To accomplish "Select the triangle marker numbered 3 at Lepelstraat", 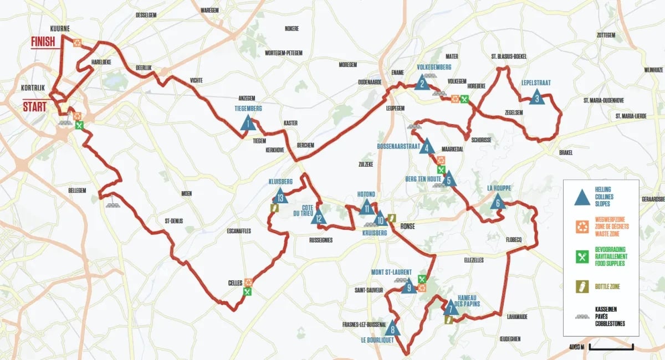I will click(536, 97).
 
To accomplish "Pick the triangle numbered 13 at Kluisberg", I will click(280, 196).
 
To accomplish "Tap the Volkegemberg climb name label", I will click(434, 68).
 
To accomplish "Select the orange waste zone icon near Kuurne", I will click(79, 42).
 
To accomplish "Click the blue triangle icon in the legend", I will click(581, 196).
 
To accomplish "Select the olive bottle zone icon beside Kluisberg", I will click(274, 208).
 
